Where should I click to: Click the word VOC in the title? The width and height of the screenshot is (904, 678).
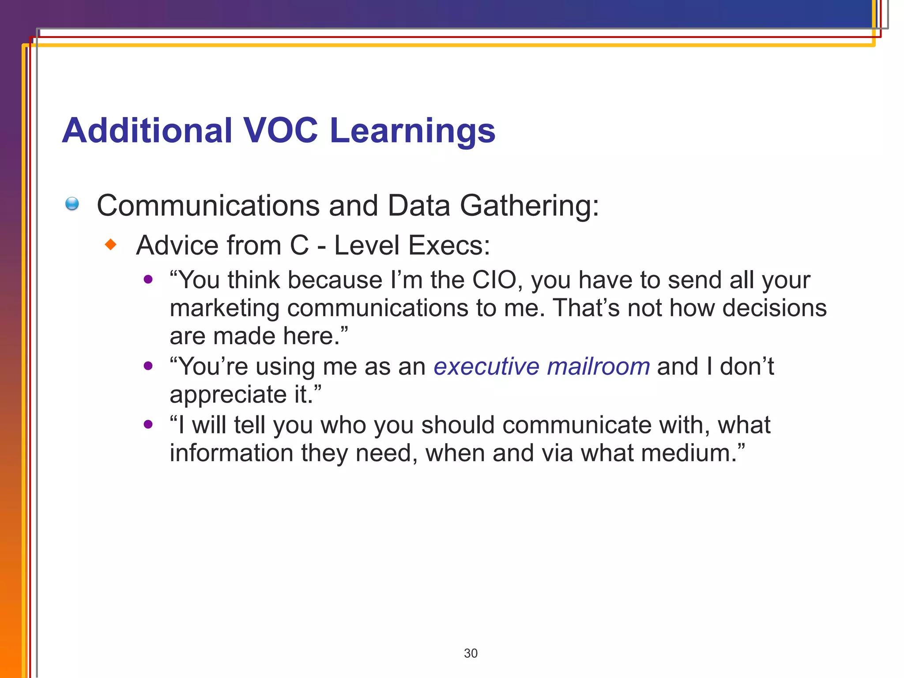280,131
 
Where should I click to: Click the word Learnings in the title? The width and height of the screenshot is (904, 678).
412,132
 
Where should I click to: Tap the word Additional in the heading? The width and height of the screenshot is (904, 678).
147,131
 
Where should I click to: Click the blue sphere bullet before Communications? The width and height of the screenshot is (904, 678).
72,204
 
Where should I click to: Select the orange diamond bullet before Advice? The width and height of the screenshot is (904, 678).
111,244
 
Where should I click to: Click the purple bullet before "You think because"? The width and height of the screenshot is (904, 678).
148,279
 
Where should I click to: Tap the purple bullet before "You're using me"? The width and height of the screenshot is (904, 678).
148,365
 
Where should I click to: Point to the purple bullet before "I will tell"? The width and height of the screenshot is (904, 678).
148,424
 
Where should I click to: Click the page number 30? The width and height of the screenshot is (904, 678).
471,653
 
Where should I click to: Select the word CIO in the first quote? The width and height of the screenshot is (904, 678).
494,280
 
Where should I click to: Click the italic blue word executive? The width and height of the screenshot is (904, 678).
486,366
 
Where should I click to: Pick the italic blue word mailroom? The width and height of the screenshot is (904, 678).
598,366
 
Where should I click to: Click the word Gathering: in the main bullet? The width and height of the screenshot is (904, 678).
529,206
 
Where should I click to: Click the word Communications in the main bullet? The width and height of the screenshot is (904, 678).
208,206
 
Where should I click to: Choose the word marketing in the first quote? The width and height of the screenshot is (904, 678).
224,309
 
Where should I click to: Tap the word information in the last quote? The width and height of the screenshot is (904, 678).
231,453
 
